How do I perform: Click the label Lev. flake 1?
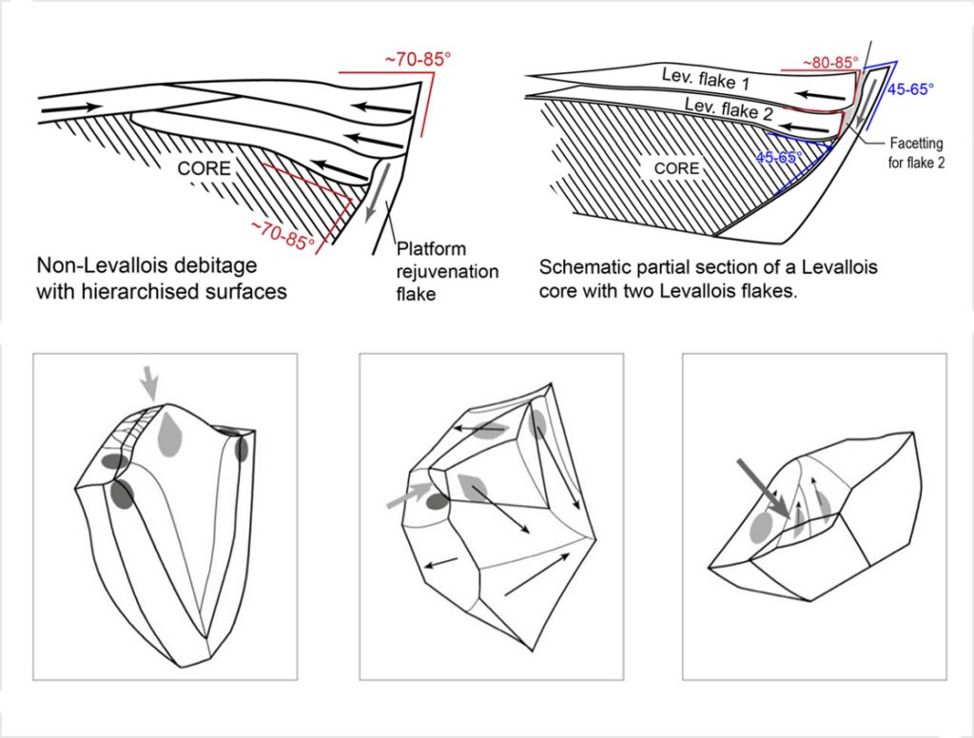click(707, 79)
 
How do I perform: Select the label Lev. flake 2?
click(730, 108)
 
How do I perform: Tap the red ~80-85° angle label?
click(830, 63)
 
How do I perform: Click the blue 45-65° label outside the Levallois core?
click(910, 88)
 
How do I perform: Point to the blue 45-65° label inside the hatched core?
click(779, 157)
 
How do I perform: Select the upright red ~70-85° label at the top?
click(418, 60)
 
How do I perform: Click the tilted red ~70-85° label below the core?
click(282, 235)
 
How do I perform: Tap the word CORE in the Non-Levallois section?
click(204, 168)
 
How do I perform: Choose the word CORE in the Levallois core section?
click(676, 168)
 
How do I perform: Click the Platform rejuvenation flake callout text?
click(447, 271)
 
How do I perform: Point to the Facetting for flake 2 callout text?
click(916, 153)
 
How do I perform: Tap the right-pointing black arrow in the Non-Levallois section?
click(71, 108)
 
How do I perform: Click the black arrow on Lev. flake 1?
click(820, 96)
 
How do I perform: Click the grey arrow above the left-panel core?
click(148, 382)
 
